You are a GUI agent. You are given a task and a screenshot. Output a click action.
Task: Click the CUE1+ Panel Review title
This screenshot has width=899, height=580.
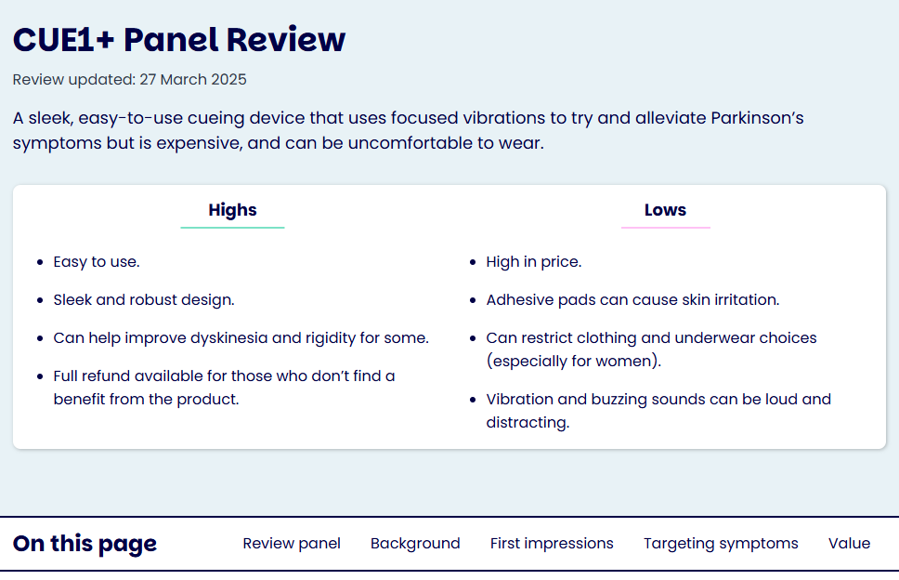coord(179,40)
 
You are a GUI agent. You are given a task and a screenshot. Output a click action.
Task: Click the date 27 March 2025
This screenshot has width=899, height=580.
coord(193,79)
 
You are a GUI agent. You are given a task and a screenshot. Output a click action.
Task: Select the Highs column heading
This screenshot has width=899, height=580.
coord(232,210)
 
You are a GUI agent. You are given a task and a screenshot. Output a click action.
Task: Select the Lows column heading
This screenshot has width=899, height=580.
coord(665,210)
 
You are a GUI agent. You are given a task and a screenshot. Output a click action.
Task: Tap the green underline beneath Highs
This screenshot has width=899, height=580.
coord(232,228)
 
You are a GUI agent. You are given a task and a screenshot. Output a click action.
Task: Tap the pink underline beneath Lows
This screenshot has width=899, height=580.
coord(666,228)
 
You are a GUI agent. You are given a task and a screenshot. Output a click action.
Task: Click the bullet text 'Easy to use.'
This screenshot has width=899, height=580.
coord(97,261)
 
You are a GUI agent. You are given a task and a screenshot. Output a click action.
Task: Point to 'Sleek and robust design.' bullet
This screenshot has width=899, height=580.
coord(144,300)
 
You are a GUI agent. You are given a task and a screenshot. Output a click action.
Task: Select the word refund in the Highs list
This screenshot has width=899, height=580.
coord(104,376)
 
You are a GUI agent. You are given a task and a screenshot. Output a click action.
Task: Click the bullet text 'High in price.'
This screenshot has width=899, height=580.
coord(534,261)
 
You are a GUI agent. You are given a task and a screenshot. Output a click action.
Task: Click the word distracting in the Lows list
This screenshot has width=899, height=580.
coord(528,422)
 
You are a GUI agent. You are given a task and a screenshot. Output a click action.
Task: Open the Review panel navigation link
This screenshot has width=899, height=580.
coord(292,543)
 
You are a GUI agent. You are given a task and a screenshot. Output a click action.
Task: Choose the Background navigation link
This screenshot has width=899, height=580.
coord(415,543)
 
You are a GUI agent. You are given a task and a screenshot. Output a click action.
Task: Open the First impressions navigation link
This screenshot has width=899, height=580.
coord(552,543)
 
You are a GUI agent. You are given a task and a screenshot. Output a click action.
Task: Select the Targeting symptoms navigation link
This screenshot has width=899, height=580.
coord(721,543)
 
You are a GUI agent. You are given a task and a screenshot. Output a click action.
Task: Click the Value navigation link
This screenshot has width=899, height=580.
coord(849,543)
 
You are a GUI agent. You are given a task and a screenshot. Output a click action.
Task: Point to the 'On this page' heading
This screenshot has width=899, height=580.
coord(85,543)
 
